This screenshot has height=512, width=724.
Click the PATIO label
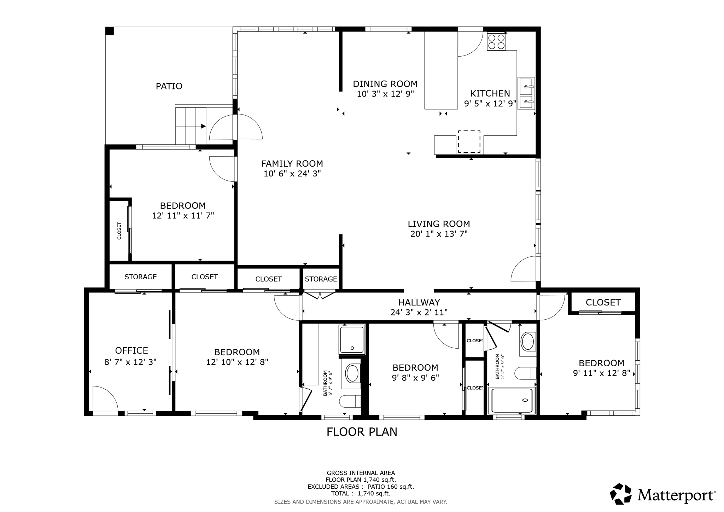169,86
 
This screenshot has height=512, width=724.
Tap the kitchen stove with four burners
496,41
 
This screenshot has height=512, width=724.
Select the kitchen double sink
526,93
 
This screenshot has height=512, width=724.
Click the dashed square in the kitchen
469,141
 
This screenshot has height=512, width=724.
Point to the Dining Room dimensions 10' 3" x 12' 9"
385,94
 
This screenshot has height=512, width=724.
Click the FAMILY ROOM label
292,164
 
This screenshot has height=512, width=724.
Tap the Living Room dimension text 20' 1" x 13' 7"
439,234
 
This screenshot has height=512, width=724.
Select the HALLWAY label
419,302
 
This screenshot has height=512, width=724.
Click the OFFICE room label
132,350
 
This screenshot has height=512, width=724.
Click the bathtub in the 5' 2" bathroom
512,400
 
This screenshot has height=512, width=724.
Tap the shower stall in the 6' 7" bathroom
352,340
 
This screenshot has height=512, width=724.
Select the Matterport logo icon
621,494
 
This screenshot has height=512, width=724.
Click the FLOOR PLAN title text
362,432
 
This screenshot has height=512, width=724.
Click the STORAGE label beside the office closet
140,277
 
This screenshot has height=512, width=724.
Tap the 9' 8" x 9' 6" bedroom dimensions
415,378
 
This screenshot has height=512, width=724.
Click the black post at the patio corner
110,31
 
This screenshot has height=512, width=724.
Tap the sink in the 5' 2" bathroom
528,342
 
